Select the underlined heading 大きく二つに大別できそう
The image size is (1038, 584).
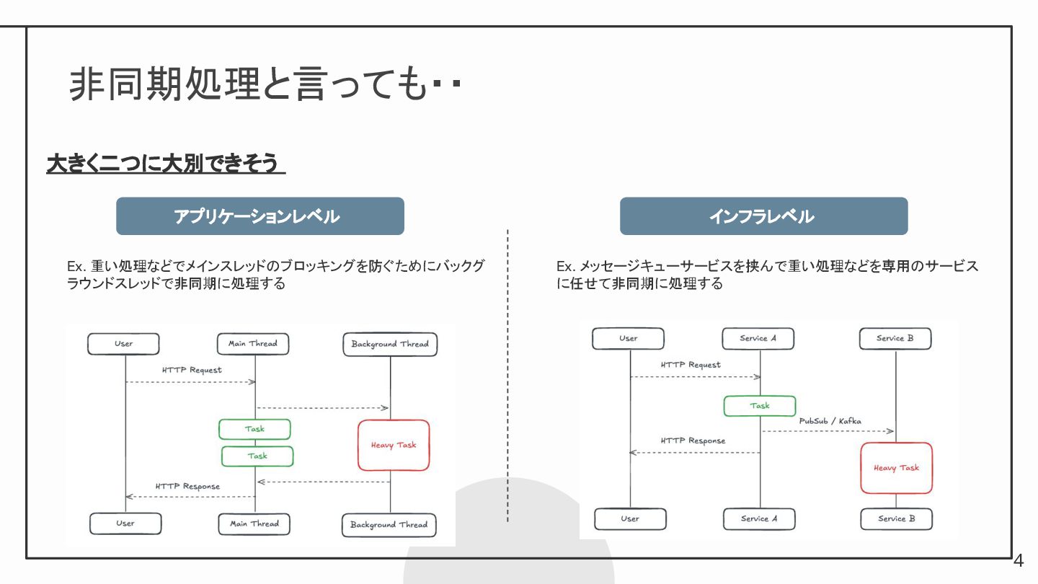(x=165, y=164)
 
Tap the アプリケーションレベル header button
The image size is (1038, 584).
(x=259, y=216)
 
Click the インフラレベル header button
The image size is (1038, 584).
(x=763, y=216)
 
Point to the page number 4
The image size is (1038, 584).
(x=1019, y=561)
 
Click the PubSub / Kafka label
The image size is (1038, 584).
(x=830, y=421)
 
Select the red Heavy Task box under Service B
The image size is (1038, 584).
(x=896, y=468)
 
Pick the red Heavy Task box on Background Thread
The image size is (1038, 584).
(x=394, y=446)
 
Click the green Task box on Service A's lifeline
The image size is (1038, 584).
(x=760, y=406)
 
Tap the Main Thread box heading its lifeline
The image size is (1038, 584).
(x=253, y=344)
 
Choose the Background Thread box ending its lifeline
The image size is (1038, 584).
(x=389, y=525)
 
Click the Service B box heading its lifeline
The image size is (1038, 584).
(x=895, y=339)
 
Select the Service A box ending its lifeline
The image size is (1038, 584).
(x=759, y=519)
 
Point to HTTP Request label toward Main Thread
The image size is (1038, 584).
(x=192, y=371)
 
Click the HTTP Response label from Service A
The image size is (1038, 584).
(x=693, y=441)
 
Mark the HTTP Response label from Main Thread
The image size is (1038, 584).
(x=187, y=487)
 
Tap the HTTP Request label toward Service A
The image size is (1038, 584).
(x=691, y=366)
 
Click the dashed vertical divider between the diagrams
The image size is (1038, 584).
(x=508, y=375)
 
